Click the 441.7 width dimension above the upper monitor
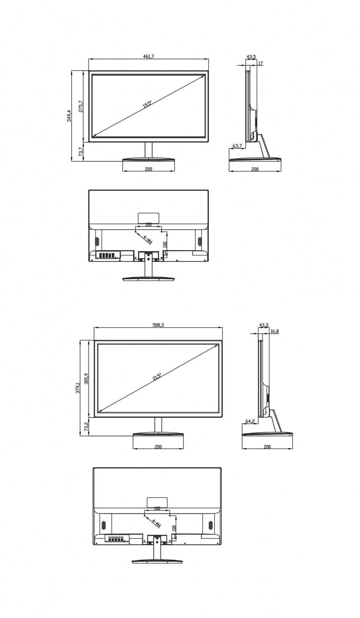(148, 56)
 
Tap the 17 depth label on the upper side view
(260, 64)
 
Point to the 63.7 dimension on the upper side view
(237, 146)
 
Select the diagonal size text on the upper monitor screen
(148, 104)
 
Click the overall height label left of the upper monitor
(69, 116)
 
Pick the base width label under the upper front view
(148, 169)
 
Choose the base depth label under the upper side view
(255, 169)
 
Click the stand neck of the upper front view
(148, 150)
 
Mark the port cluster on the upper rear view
(107, 255)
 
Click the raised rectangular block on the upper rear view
(149, 217)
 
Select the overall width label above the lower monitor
(158, 325)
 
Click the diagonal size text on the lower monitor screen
(157, 377)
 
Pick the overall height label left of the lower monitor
(78, 388)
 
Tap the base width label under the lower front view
(158, 447)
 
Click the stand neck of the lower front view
(158, 425)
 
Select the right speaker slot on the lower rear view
(211, 525)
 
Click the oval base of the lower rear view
(157, 561)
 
